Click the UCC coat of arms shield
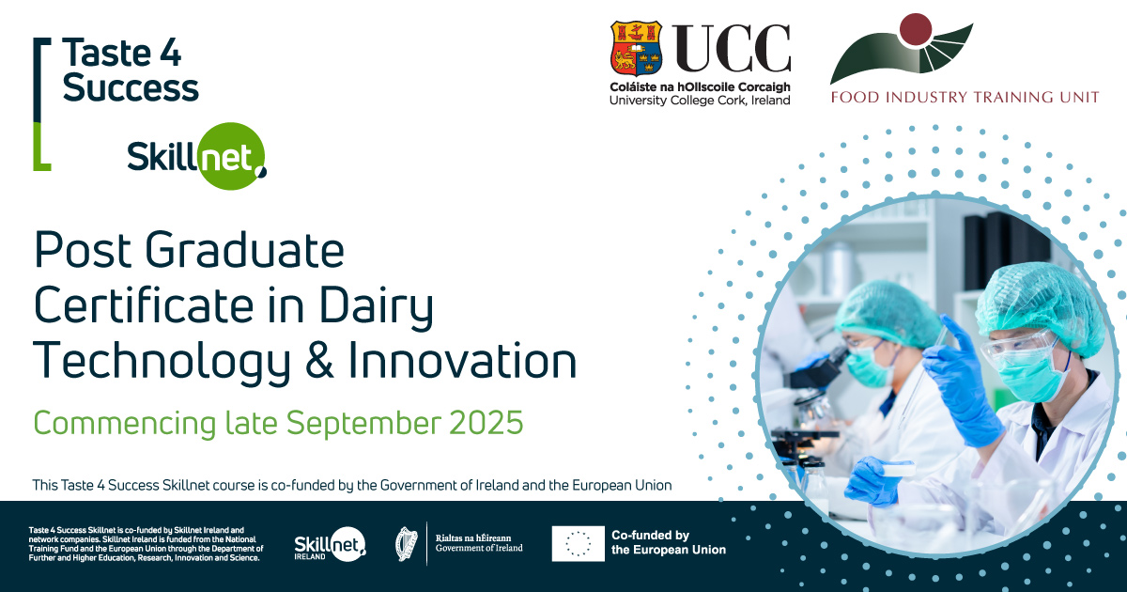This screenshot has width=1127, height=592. (636, 48)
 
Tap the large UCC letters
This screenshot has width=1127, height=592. (731, 48)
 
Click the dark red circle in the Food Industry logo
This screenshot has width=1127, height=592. (916, 30)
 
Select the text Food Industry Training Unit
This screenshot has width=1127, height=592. (965, 97)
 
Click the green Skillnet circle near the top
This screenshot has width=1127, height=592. (230, 156)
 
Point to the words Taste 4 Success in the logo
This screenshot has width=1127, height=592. (131, 70)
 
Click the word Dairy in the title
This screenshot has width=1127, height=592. (376, 306)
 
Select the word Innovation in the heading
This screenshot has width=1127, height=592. (462, 359)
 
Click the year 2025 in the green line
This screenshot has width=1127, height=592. (486, 422)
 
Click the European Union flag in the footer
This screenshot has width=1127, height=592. (579, 544)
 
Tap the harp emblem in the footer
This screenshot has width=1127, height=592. (407, 544)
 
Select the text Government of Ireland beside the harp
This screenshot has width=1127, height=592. (479, 548)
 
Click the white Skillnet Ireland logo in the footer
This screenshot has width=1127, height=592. (330, 544)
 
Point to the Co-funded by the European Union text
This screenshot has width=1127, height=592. (669, 542)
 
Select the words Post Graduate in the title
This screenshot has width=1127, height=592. (189, 250)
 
